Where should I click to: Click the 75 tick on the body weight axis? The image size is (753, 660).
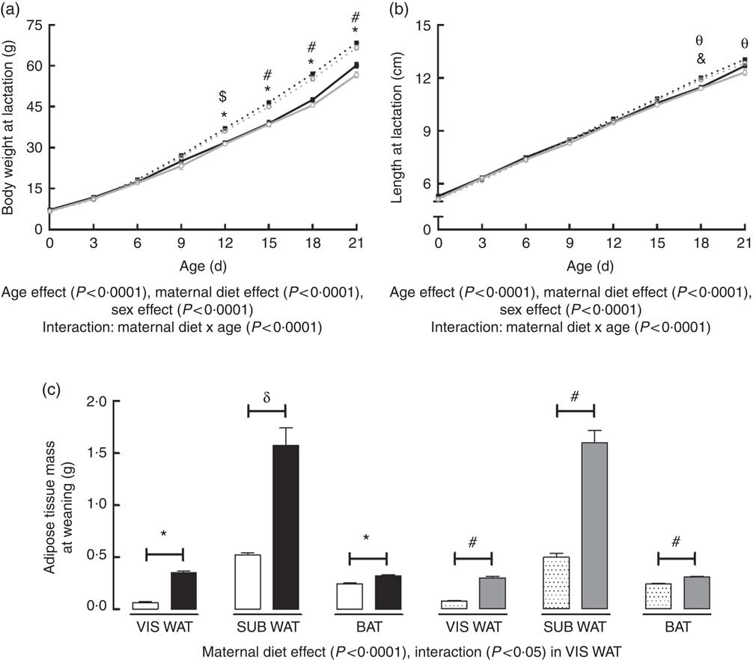pos(33,25)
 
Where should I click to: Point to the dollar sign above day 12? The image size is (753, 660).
pos(222,97)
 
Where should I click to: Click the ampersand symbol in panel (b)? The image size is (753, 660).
pos(701,58)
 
